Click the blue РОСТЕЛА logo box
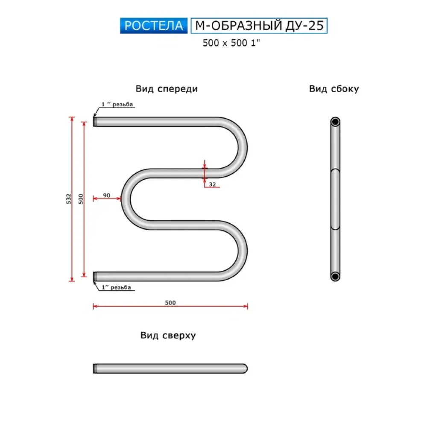(154, 26)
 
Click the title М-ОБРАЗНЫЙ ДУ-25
(259, 26)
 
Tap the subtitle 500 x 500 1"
(231, 43)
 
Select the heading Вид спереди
(167, 89)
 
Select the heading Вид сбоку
(334, 89)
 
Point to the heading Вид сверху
(168, 335)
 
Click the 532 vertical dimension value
(69, 199)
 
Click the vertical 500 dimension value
(81, 199)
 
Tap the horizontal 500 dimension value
(170, 303)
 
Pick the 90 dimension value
(106, 195)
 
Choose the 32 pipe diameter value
(212, 184)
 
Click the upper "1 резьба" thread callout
(117, 104)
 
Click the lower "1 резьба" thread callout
(116, 287)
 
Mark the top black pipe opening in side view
(335, 122)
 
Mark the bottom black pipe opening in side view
(335, 276)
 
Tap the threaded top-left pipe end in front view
(95, 122)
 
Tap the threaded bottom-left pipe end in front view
(95, 276)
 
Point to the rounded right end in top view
(244, 369)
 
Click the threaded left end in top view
(95, 369)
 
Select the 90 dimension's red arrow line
(107, 199)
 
